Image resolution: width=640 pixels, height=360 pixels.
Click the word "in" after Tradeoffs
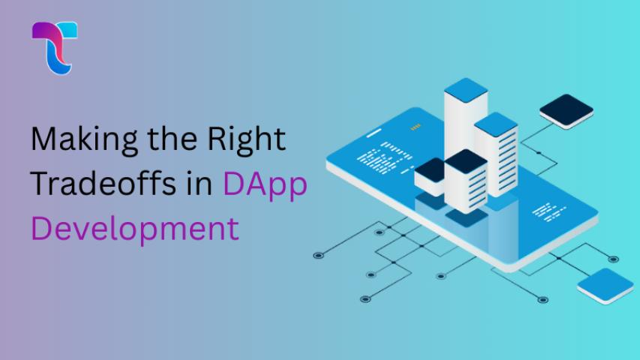pyautogui.click(x=200, y=183)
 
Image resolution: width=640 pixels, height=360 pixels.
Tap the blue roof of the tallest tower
pyautogui.click(x=466, y=90)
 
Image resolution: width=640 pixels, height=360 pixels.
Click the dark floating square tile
pyautogui.click(x=566, y=111)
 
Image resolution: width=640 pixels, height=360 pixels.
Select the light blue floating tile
pyautogui.click(x=605, y=285)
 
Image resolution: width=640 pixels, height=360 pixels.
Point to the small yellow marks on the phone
pyautogui.click(x=416, y=127)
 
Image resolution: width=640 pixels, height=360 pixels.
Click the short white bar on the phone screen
pyautogui.click(x=374, y=133)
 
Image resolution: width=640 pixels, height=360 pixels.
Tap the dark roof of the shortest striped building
pyautogui.click(x=466, y=160)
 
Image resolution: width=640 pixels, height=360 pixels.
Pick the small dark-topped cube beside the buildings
pyautogui.click(x=430, y=176)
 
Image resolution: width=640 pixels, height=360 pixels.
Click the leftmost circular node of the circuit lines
pyautogui.click(x=318, y=256)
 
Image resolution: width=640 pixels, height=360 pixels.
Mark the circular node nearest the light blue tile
pyautogui.click(x=613, y=259)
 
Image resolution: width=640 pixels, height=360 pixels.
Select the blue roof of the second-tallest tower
pyautogui.click(x=496, y=124)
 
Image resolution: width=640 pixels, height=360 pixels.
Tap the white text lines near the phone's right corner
pyautogui.click(x=549, y=211)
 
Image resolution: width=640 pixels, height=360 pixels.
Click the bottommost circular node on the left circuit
pyautogui.click(x=365, y=299)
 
